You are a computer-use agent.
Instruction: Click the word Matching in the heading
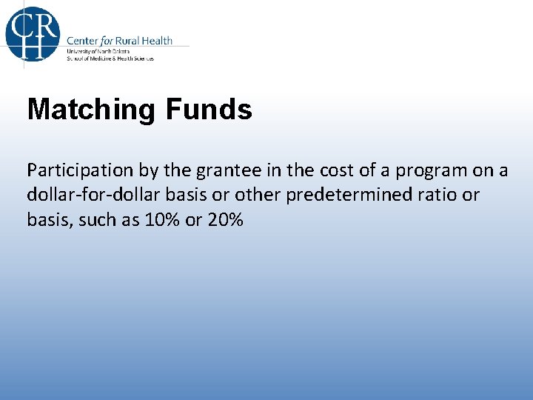(x=91, y=110)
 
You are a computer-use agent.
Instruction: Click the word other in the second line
(x=255, y=195)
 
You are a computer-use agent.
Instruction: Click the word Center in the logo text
(x=84, y=41)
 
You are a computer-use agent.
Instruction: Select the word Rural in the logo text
(x=130, y=41)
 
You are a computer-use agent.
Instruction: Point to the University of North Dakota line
(x=98, y=51)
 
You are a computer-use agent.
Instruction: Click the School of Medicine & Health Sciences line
(x=110, y=58)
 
